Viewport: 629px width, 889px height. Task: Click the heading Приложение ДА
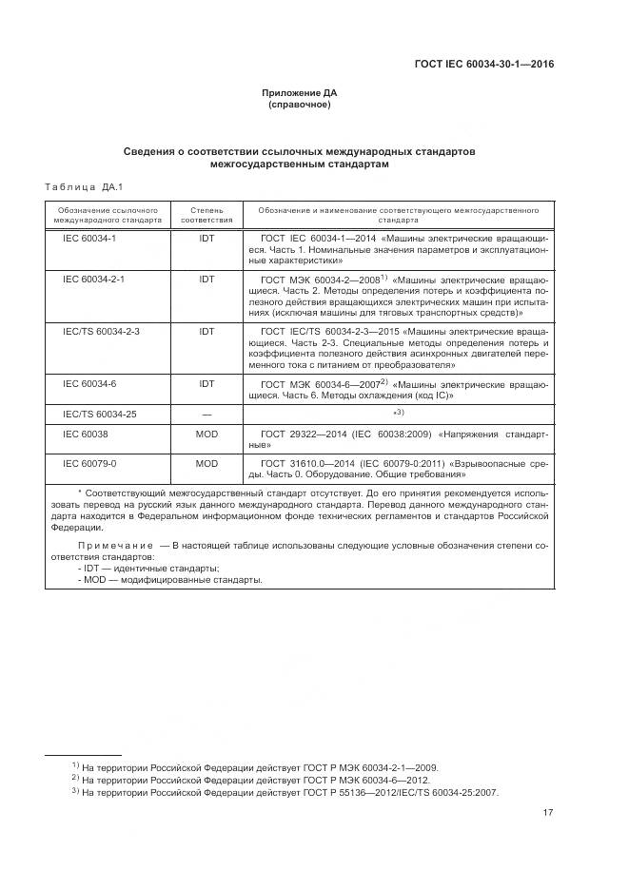(300, 92)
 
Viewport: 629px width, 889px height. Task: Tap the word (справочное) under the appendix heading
(300, 105)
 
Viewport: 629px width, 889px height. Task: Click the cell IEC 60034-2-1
(93, 280)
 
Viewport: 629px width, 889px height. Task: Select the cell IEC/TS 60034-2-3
(101, 332)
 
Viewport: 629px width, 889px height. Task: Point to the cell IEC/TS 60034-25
(101, 414)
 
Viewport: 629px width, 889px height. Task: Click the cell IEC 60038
(86, 433)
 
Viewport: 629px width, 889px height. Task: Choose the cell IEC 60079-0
(89, 463)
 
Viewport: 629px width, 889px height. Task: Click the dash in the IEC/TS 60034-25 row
(206, 414)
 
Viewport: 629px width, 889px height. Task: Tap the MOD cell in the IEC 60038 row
(206, 433)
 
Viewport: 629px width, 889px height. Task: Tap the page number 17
(548, 811)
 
